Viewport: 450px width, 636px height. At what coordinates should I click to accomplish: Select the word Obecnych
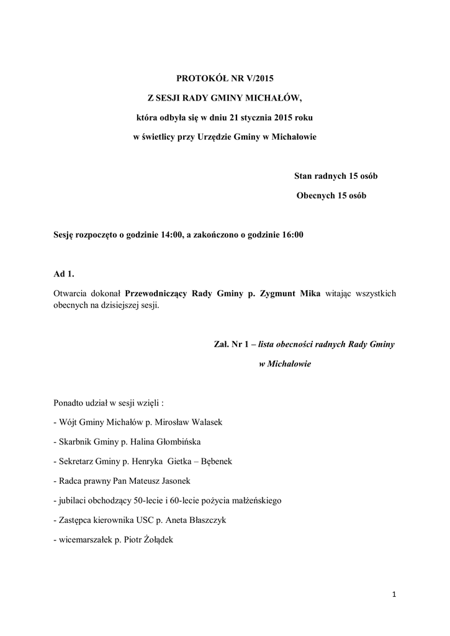[317, 196]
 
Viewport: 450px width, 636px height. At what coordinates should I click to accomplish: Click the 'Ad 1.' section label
[65, 274]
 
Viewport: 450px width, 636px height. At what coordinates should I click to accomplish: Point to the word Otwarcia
[71, 293]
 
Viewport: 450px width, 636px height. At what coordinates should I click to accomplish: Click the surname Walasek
[206, 422]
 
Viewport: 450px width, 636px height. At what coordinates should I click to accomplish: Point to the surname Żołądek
[158, 540]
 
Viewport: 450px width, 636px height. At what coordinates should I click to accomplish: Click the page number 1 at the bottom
[394, 595]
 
